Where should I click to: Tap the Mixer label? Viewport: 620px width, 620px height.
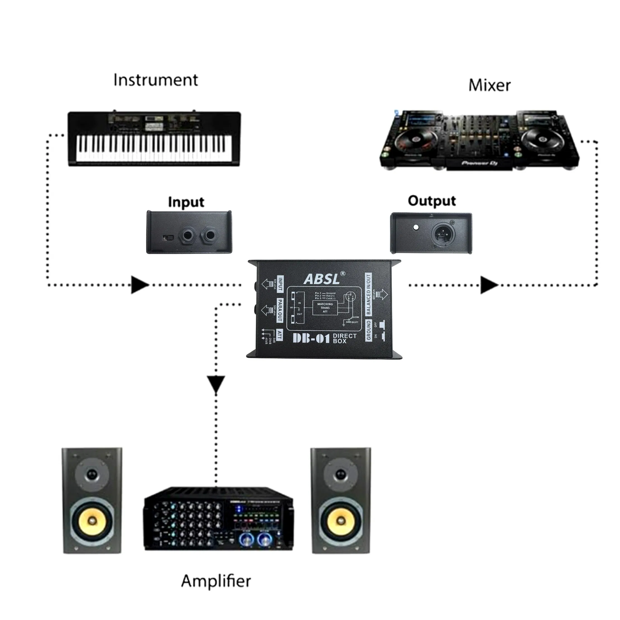tap(489, 85)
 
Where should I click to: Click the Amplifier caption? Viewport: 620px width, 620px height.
tap(216, 581)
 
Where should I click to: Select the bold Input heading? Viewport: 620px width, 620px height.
tap(186, 202)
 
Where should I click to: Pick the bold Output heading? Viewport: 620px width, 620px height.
tap(432, 201)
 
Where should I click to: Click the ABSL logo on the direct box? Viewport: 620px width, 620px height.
tap(322, 279)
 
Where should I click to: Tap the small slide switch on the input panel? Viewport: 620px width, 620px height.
tap(168, 238)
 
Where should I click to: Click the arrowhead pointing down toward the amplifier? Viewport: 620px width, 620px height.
tap(216, 384)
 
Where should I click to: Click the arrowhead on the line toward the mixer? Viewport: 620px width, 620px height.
tap(488, 285)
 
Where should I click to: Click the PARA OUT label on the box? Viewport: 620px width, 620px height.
tap(280, 310)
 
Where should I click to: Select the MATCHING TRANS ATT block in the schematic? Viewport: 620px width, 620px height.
tap(325, 307)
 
